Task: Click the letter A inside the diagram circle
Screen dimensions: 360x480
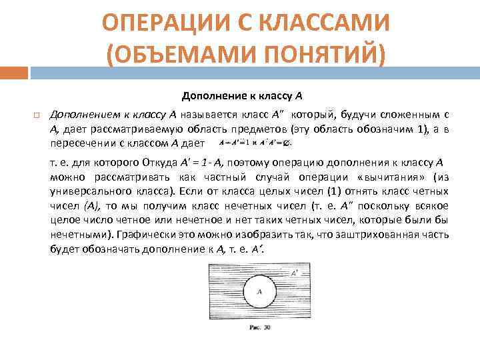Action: click(259, 291)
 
